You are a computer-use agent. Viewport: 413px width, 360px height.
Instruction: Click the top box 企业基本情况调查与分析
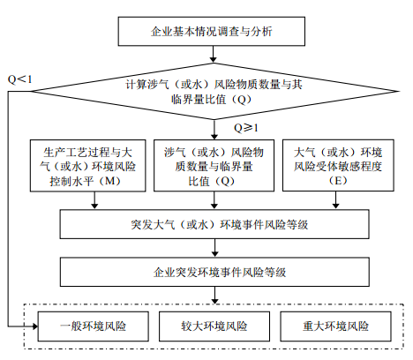[x=212, y=31]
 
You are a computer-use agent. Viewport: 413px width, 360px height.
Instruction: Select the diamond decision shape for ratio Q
[x=214, y=91]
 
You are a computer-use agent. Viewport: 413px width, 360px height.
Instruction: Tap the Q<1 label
[x=19, y=79]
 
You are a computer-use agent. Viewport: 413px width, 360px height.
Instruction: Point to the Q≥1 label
[x=246, y=128]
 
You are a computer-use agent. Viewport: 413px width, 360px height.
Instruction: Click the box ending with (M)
[x=87, y=166]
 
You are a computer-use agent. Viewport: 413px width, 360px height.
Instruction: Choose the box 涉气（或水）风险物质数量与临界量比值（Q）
[x=214, y=166]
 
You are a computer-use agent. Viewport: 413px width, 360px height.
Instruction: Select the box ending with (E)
[x=338, y=165]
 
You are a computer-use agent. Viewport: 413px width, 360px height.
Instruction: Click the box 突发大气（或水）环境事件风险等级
[x=214, y=224]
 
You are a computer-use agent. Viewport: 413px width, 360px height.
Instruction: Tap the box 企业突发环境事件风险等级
[x=214, y=272]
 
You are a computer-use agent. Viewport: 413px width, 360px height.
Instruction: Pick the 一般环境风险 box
[x=94, y=326]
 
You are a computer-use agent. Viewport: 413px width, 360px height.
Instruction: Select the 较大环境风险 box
[x=214, y=326]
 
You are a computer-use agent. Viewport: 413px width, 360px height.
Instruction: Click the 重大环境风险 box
[x=335, y=326]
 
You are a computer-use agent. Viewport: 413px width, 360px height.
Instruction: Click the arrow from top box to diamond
[x=214, y=54]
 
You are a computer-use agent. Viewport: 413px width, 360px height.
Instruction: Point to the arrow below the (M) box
[x=94, y=200]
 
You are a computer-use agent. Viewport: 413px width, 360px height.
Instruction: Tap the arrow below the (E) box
[x=335, y=200]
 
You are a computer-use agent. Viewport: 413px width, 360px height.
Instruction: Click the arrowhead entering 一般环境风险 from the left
[x=35, y=326]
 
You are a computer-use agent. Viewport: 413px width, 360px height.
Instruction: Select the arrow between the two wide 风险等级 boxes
[x=215, y=248]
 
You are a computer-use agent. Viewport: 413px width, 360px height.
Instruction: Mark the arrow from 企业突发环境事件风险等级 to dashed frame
[x=215, y=295]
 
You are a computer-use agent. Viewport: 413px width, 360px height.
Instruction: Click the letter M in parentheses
[x=110, y=181]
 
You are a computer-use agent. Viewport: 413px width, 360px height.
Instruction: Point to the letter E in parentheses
[x=338, y=180]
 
